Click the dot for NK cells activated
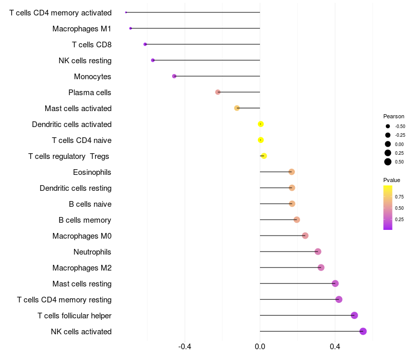click(363, 331)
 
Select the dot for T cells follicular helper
click(354, 315)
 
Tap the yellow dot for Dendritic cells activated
click(261, 124)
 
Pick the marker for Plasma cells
click(218, 92)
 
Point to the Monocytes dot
click(174, 76)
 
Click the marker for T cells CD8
click(145, 44)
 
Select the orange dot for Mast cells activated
click(237, 108)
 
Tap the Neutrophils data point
click(318, 251)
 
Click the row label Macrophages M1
click(82, 28)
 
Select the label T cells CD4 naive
click(82, 140)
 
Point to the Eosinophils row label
click(92, 172)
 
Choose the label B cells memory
click(85, 220)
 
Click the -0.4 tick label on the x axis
click(185, 347)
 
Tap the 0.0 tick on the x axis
click(260, 347)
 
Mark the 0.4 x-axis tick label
click(335, 347)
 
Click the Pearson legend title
click(394, 116)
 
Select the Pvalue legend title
click(391, 180)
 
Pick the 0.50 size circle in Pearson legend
click(388, 162)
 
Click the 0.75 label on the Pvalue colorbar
click(399, 197)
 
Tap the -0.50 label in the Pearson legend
click(400, 127)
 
